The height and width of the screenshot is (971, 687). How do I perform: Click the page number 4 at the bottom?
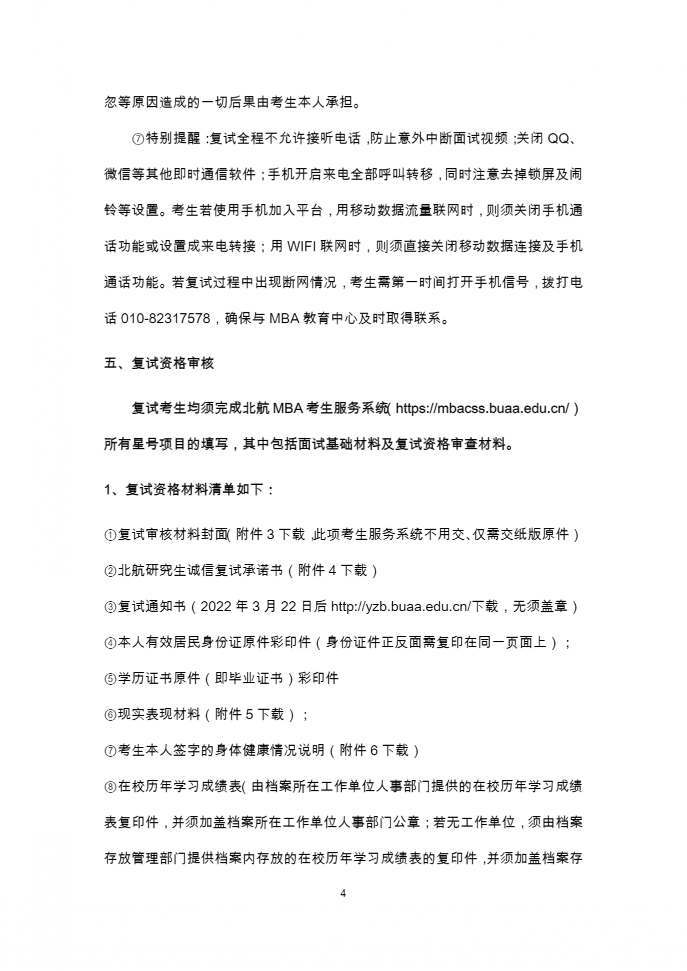343,893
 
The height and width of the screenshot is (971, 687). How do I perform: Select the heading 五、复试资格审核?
159,363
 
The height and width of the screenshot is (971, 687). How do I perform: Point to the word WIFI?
302,247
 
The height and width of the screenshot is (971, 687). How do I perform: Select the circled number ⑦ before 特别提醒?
138,139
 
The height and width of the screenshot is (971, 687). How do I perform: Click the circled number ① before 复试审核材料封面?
110,535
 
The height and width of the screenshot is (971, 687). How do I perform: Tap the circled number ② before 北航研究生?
110,571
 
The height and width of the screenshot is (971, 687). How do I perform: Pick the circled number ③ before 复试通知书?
110,607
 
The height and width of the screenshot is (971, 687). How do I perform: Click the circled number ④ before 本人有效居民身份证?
110,643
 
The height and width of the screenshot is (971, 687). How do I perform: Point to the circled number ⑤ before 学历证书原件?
110,679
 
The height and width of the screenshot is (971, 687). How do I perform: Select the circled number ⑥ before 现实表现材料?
110,715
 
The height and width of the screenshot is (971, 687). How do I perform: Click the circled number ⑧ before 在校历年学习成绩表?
110,787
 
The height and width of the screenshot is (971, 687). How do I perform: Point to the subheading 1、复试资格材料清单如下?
188,490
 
